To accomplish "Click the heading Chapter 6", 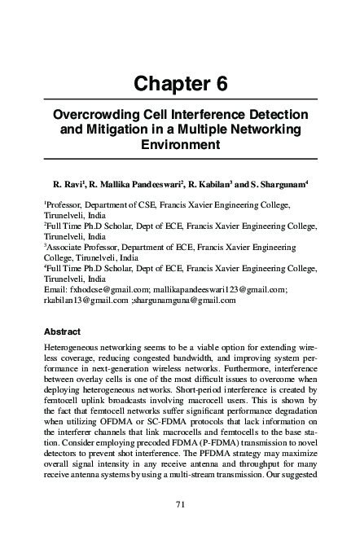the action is pyautogui.click(x=180, y=83).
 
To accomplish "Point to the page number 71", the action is pyautogui.click(x=180, y=505).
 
